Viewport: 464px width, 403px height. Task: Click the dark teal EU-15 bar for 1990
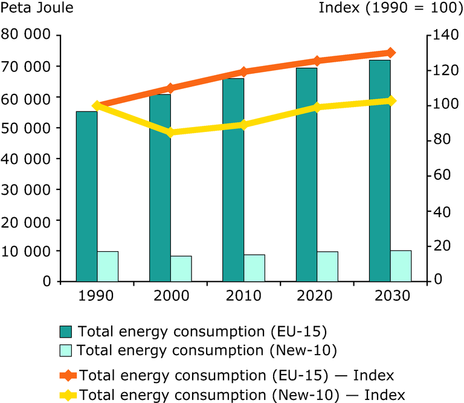click(x=86, y=196)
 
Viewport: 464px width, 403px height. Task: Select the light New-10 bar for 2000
click(x=181, y=269)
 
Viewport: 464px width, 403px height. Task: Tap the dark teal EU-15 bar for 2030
click(x=379, y=171)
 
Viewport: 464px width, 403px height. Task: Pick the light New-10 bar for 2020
click(x=327, y=266)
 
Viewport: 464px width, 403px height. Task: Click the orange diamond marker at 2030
click(x=390, y=53)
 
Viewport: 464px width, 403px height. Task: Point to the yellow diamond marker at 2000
click(x=170, y=133)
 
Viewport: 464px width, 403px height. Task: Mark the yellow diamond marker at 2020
click(x=317, y=107)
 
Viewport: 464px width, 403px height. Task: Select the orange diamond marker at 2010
click(x=243, y=72)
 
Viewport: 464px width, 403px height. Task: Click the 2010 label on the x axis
click(x=243, y=296)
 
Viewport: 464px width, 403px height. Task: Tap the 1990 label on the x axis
click(x=97, y=296)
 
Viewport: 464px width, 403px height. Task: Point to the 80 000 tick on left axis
click(x=25, y=35)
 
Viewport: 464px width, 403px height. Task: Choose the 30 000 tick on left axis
click(x=25, y=189)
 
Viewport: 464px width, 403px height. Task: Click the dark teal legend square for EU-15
click(x=66, y=332)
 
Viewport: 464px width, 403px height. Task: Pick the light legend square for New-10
click(x=66, y=350)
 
